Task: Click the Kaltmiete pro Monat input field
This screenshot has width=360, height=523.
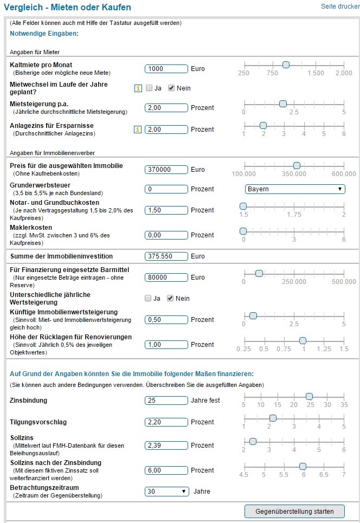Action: [166, 69]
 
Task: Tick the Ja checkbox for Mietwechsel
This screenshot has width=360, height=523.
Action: [149, 88]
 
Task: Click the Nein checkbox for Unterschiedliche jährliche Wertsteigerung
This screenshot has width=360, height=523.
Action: [171, 298]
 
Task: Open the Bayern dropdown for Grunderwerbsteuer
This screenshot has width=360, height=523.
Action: [295, 189]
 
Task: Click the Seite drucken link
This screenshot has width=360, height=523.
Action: [340, 7]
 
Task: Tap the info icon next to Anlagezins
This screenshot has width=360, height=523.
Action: [138, 130]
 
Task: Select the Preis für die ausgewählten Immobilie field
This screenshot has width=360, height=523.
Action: [166, 170]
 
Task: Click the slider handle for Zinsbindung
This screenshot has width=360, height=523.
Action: [309, 396]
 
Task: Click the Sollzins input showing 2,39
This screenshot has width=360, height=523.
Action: [166, 445]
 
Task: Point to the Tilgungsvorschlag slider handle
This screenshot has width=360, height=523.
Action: [273, 418]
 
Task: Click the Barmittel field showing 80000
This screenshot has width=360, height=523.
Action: [166, 277]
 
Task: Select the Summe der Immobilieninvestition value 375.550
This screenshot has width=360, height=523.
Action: [166, 256]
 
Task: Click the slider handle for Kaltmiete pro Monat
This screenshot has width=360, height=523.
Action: [286, 64]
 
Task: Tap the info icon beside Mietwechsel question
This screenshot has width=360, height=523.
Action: [138, 88]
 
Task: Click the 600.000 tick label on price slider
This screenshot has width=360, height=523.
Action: [344, 174]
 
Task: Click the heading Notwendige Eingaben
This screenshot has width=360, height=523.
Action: [44, 34]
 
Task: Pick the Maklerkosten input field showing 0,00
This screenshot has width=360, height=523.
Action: [166, 235]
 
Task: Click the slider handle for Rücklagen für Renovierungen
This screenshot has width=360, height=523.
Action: [303, 340]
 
